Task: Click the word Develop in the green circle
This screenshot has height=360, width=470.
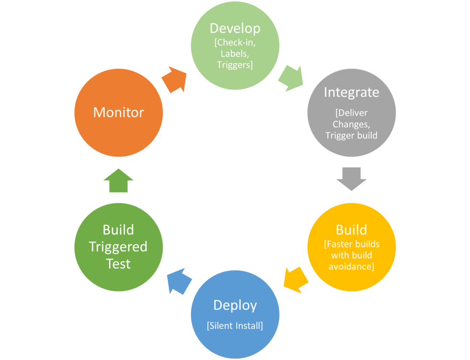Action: click(x=235, y=28)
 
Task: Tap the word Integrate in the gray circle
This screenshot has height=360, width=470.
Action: click(x=351, y=92)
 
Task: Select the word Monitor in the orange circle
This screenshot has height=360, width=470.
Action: click(x=118, y=112)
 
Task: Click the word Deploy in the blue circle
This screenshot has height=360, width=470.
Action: click(x=235, y=305)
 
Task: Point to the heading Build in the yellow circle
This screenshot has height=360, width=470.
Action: click(x=351, y=230)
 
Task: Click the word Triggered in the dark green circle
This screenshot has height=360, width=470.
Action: click(x=118, y=247)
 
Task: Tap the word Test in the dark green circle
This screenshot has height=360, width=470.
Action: click(x=118, y=264)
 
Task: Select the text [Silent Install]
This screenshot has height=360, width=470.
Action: click(x=235, y=326)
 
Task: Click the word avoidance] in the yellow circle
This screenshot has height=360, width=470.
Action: click(x=351, y=266)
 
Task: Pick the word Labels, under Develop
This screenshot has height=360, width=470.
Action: click(x=235, y=54)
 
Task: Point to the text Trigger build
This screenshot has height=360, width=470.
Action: click(x=351, y=135)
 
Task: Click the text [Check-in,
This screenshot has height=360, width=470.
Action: click(x=235, y=43)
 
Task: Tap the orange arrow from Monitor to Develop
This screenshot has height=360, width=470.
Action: click(x=174, y=79)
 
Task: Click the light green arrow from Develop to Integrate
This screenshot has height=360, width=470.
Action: click(x=291, y=78)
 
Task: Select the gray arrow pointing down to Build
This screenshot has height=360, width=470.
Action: click(x=351, y=178)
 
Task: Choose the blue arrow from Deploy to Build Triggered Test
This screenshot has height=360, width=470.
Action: click(x=179, y=281)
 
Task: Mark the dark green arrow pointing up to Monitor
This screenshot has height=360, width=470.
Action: click(x=118, y=180)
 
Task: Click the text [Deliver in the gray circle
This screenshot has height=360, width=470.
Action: click(x=351, y=113)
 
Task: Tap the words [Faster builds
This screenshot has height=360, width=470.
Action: click(x=351, y=244)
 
